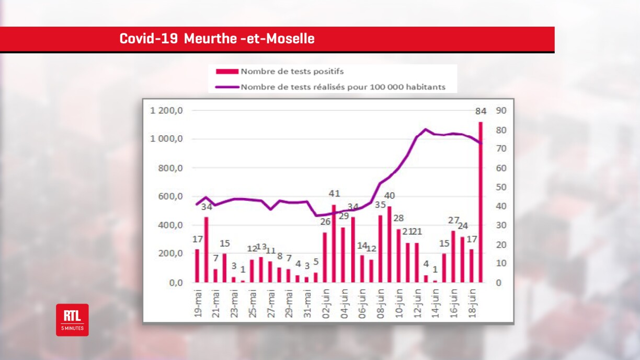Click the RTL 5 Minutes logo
click(x=72, y=320)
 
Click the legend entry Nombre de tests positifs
click(x=292, y=71)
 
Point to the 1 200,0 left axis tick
click(x=166, y=111)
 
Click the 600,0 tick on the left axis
click(x=170, y=196)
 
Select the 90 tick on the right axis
click(x=501, y=111)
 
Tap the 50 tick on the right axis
click(x=501, y=187)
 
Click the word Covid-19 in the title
click(x=148, y=39)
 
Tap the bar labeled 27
click(x=453, y=257)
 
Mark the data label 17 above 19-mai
click(x=197, y=239)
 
